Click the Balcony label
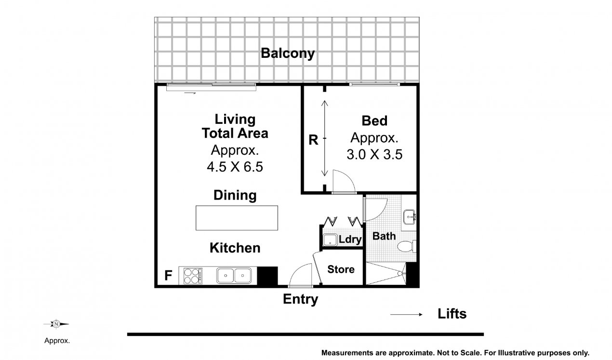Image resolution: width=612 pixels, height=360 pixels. point(288,53)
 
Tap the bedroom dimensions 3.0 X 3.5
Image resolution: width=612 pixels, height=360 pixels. point(374,154)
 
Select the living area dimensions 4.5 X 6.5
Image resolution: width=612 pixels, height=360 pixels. point(235,167)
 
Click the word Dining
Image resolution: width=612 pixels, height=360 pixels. point(235,195)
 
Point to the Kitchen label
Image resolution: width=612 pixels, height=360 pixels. point(235,248)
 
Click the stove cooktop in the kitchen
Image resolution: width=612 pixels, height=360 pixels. point(193,276)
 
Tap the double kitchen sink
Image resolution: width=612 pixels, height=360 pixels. point(234,276)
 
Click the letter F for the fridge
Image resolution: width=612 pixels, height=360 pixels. point(168,275)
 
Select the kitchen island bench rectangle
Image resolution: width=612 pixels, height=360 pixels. point(237,218)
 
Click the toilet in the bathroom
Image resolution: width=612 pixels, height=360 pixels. point(406,246)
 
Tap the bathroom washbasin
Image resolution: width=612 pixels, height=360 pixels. point(409,217)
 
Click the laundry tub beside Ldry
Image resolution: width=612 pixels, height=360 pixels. point(330,240)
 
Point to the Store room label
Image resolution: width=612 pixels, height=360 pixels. point(341,269)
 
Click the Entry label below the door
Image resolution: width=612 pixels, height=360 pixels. point(300,299)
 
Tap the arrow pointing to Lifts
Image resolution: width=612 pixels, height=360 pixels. point(406,315)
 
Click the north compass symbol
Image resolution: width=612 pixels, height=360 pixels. point(56,324)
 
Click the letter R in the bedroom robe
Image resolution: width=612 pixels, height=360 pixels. point(313,140)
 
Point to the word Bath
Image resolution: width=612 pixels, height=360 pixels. point(384,236)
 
